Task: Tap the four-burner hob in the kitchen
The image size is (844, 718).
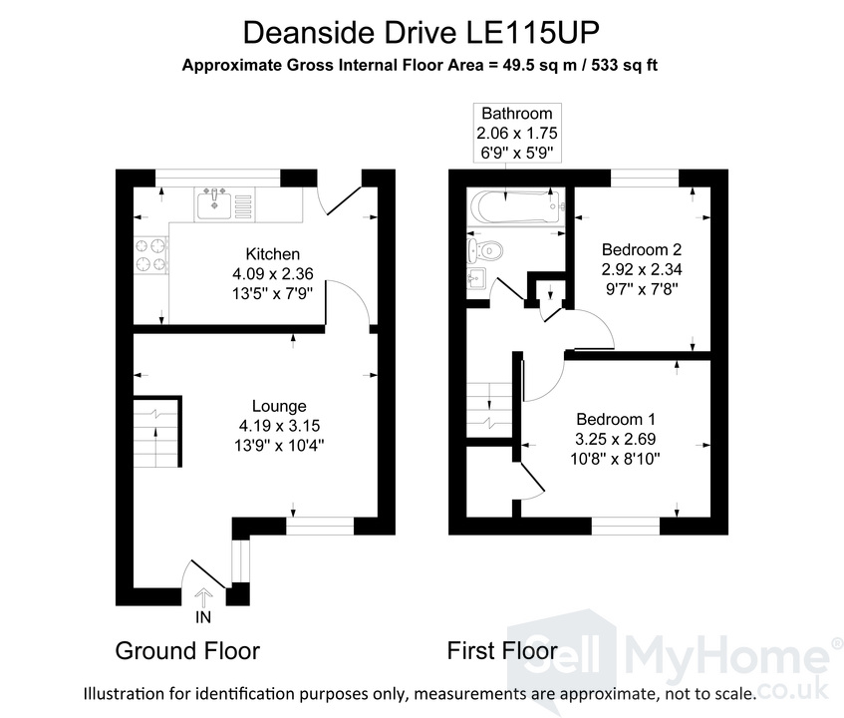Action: (150, 255)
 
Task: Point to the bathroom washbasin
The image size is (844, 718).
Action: (477, 278)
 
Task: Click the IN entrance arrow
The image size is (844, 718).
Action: (203, 598)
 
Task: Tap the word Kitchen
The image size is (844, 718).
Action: (272, 253)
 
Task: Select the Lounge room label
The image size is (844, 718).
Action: (279, 406)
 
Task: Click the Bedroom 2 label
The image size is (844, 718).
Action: (642, 249)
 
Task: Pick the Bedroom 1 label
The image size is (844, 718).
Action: (616, 419)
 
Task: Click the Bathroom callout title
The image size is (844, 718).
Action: (517, 113)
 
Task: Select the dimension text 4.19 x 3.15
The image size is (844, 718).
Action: (279, 426)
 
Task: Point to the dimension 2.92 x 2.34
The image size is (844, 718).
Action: (642, 269)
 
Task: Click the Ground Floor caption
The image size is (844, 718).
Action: (187, 650)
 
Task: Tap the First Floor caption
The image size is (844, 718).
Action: (502, 650)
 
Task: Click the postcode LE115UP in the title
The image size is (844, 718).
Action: (532, 32)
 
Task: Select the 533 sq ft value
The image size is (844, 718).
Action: (625, 65)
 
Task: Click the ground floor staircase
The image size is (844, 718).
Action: (156, 432)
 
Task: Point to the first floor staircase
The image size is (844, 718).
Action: (489, 410)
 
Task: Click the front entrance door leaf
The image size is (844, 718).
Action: (208, 574)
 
